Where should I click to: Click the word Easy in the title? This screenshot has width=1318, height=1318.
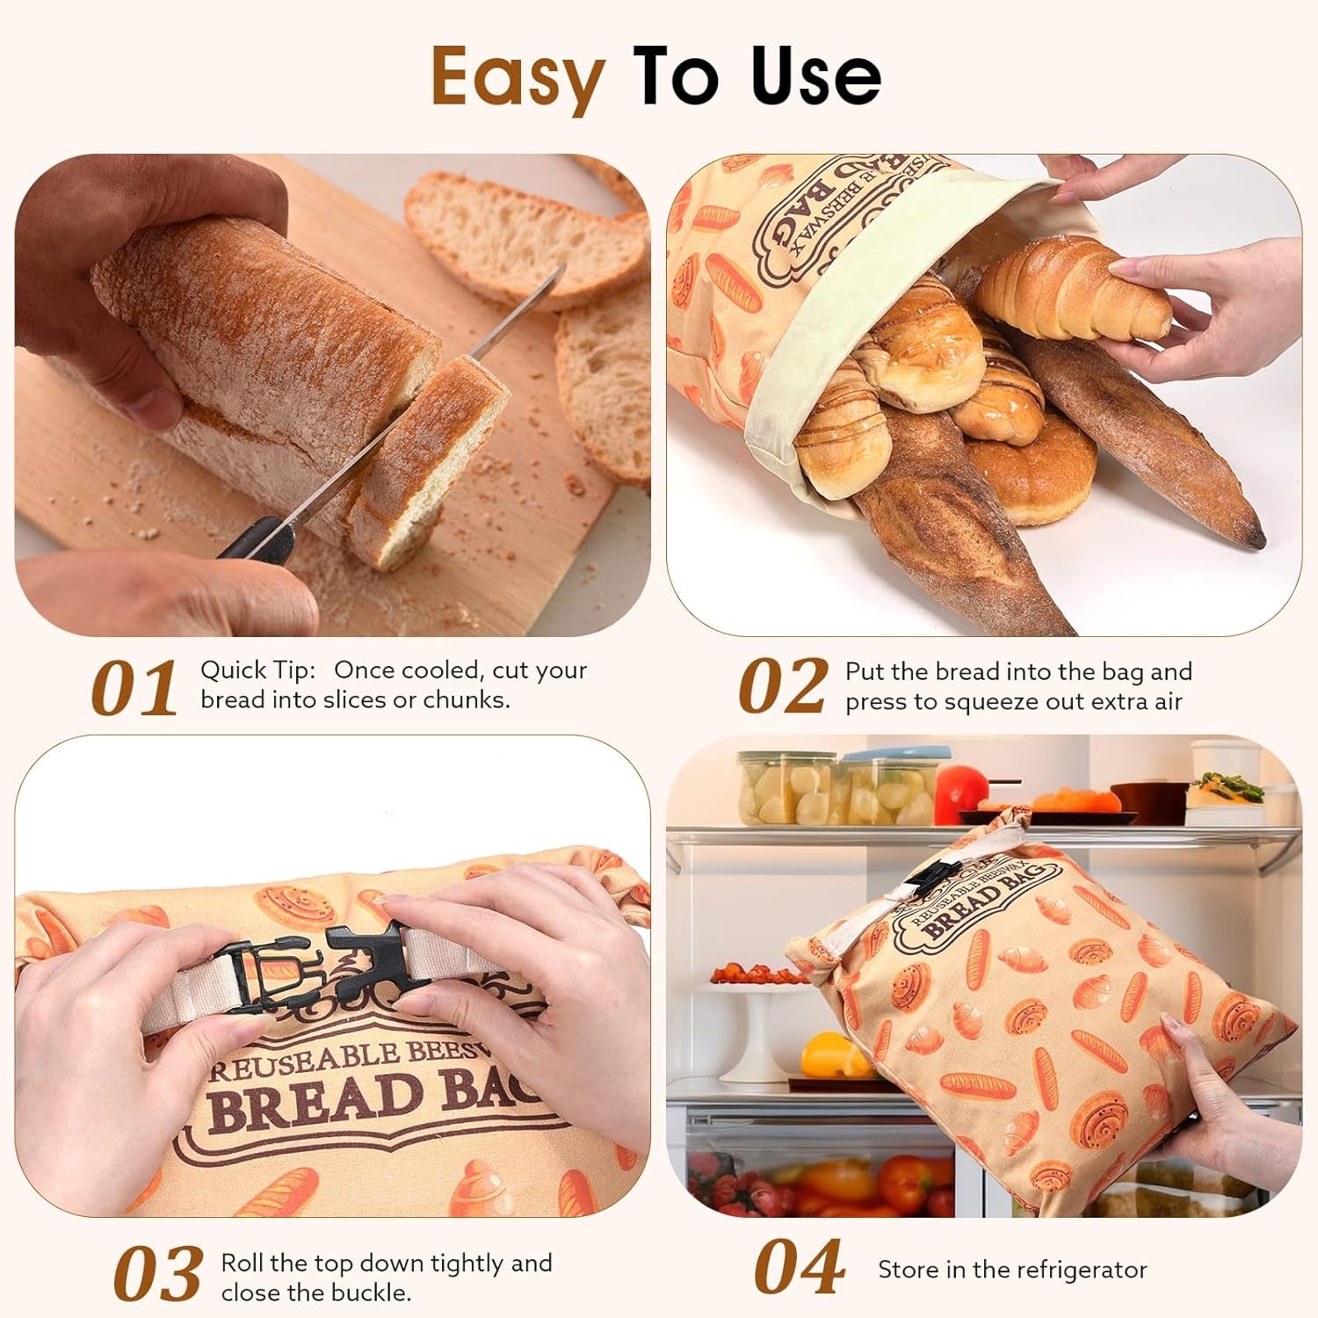(517, 77)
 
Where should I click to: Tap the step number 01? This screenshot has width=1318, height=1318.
(134, 688)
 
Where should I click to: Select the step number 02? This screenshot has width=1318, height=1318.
(782, 686)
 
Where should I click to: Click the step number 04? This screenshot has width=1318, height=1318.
(799, 1269)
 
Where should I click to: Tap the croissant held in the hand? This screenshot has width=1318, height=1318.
(1072, 292)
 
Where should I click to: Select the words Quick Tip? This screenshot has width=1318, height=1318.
(257, 670)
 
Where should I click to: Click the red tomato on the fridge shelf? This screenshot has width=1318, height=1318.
(960, 791)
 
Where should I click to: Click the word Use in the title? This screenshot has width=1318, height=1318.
(815, 77)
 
